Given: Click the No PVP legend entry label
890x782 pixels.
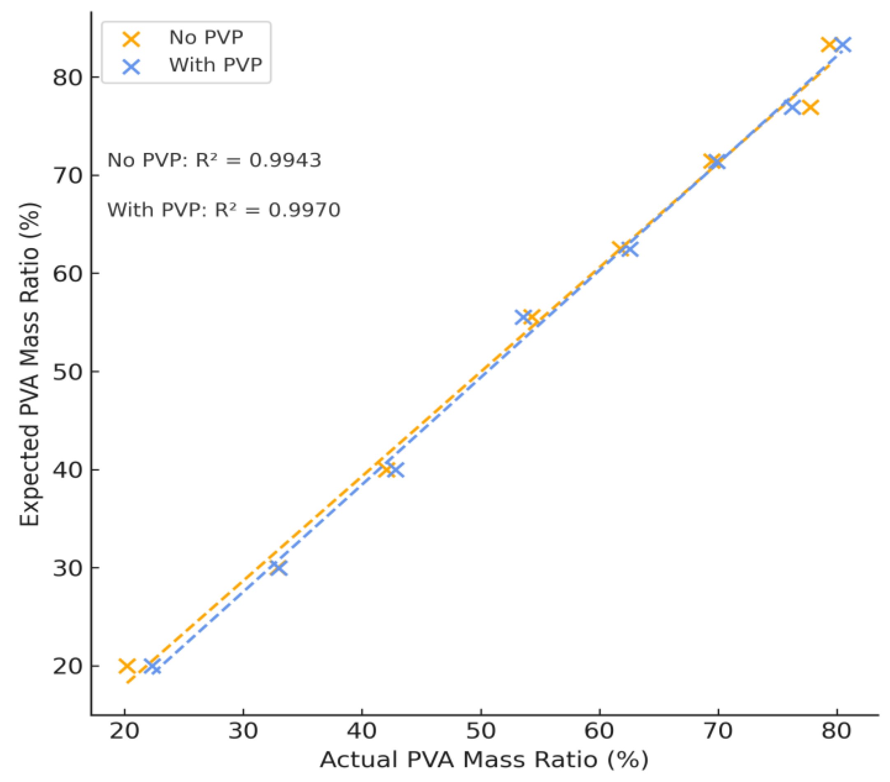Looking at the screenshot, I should click(206, 38).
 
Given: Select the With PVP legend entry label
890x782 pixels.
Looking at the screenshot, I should click(216, 65).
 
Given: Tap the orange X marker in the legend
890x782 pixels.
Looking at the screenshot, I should click(131, 39).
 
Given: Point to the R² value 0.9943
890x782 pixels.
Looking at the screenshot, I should click(285, 161).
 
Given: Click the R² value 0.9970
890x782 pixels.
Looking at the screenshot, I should click(304, 210).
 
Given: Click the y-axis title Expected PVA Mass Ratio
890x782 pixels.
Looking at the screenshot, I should click(30, 365).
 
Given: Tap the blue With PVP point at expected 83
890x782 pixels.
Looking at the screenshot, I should click(843, 44).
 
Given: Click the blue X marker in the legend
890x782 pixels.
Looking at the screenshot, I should click(131, 67).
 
